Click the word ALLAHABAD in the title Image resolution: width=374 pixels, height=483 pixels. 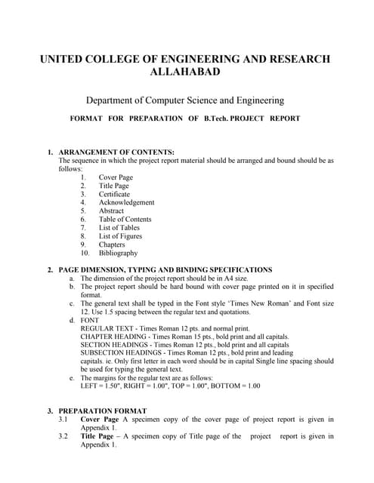click(187, 72)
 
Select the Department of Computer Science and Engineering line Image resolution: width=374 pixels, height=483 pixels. click(185, 100)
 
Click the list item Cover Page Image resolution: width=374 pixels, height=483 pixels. click(116, 177)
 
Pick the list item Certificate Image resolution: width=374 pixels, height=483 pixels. click(114, 194)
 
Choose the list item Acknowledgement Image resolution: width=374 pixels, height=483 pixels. click(126, 202)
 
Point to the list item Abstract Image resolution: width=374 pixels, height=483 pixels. click(111, 211)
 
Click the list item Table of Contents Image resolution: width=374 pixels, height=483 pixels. click(125, 220)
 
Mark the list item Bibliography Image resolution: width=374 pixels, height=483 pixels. click(119, 253)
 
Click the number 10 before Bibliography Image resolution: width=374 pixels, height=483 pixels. click(85, 253)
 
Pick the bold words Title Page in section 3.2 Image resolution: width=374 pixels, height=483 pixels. click(99, 436)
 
